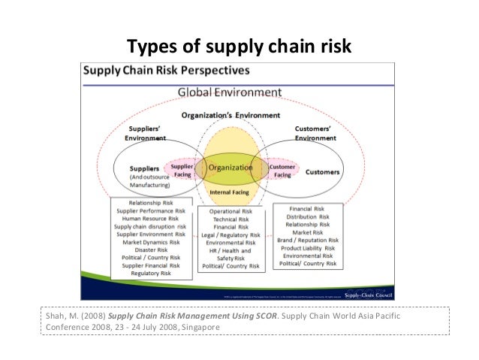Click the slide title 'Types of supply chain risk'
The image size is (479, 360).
click(239, 47)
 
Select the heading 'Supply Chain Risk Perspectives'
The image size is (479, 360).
click(166, 72)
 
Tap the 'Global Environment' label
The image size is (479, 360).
click(229, 92)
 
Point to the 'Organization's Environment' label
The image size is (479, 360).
click(230, 116)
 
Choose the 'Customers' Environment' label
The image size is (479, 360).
click(315, 133)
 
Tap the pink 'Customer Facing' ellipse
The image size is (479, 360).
click(283, 170)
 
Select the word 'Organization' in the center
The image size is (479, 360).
click(230, 168)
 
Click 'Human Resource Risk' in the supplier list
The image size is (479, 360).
click(149, 219)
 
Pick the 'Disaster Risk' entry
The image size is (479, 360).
click(149, 250)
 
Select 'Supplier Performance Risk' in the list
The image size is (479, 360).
click(149, 211)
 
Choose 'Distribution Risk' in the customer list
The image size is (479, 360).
click(308, 216)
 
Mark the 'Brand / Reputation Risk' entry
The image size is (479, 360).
click(308, 240)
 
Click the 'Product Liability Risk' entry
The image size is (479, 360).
click(308, 248)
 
